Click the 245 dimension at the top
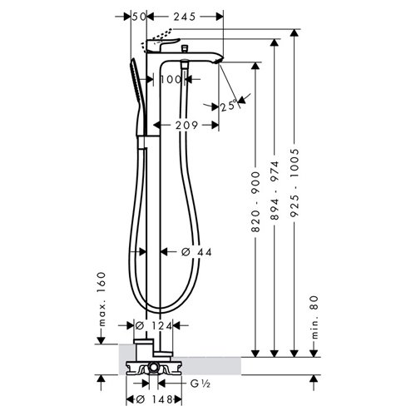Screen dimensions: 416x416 tap(185, 17)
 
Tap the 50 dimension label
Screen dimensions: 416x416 tap(139, 17)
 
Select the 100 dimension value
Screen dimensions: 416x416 tap(171, 80)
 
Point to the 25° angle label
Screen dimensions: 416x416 tap(229, 106)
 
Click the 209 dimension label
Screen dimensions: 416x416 tap(186, 126)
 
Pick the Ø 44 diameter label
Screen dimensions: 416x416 tap(196, 252)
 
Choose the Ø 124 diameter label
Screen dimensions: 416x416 tap(154, 325)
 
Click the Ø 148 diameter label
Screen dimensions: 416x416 tap(154, 399)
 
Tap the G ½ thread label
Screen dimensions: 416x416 tap(201, 384)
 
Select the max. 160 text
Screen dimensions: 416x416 tap(102, 299)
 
